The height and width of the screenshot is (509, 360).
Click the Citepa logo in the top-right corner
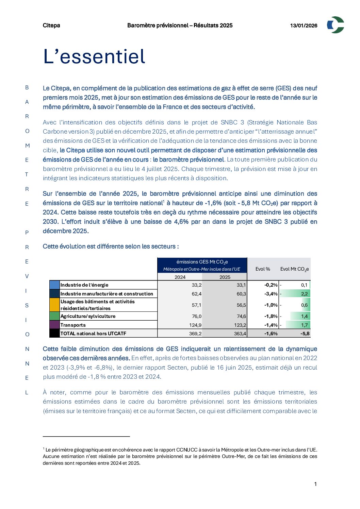point(335,25)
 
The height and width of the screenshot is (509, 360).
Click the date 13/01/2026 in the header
point(304,26)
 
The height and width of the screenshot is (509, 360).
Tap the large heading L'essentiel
point(94,56)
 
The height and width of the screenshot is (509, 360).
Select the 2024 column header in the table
point(180,277)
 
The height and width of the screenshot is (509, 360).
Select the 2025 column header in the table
point(225,277)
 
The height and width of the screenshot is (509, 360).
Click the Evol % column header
point(263,269)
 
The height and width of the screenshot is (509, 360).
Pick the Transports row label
point(73,325)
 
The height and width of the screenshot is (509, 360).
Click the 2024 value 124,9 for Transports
point(195,325)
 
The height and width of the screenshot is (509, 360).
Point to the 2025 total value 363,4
point(240,334)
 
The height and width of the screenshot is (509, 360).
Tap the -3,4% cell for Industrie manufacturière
point(271,294)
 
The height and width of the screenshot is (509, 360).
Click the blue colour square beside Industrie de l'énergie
point(54,285)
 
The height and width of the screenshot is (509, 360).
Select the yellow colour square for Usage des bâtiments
point(54,305)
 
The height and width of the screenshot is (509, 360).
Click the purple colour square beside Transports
point(54,325)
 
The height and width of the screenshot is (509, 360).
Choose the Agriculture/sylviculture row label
point(88,316)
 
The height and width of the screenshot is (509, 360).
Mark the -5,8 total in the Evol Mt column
point(305,334)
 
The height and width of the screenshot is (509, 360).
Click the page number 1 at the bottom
point(315,484)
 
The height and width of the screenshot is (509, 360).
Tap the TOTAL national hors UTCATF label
point(93,334)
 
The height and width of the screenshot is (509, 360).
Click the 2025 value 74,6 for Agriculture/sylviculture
point(241,316)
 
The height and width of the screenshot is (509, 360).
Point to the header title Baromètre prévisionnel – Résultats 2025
point(180,26)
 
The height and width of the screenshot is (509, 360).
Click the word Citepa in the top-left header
point(51,26)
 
